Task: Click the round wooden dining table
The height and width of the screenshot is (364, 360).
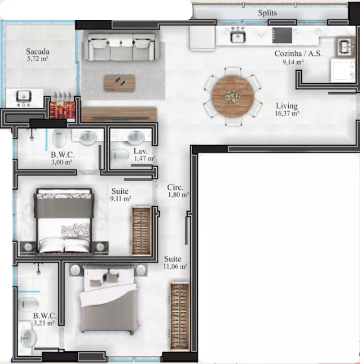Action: click(x=232, y=96)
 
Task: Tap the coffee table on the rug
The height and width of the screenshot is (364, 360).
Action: click(x=119, y=83)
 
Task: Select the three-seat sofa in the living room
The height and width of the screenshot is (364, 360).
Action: click(x=121, y=47)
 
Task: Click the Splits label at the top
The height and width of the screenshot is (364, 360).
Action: click(x=267, y=12)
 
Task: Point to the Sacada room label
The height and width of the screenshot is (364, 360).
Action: click(x=37, y=51)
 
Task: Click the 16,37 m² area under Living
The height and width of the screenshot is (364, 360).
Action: click(x=287, y=114)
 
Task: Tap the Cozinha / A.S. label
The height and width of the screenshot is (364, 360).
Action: click(x=298, y=54)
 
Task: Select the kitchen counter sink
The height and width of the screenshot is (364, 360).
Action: click(x=238, y=36)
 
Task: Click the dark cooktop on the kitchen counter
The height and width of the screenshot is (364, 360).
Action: click(x=282, y=35)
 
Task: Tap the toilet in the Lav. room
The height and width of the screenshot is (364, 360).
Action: click(x=120, y=155)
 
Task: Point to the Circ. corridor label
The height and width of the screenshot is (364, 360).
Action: click(x=175, y=187)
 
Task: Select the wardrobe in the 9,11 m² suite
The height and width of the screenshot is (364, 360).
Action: click(x=141, y=231)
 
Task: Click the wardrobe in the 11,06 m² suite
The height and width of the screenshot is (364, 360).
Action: click(x=179, y=316)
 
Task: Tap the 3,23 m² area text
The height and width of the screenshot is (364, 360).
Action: click(x=44, y=323)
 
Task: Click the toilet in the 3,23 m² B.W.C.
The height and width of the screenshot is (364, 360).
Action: click(x=29, y=304)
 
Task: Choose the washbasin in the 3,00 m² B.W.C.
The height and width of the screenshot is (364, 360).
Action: click(x=88, y=137)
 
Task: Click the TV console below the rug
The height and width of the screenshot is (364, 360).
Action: click(x=119, y=114)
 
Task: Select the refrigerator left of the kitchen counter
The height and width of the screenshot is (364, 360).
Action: click(x=203, y=38)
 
